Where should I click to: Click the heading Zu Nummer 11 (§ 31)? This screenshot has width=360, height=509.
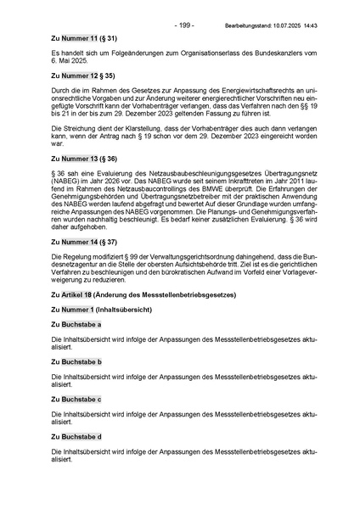(x=84, y=39)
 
